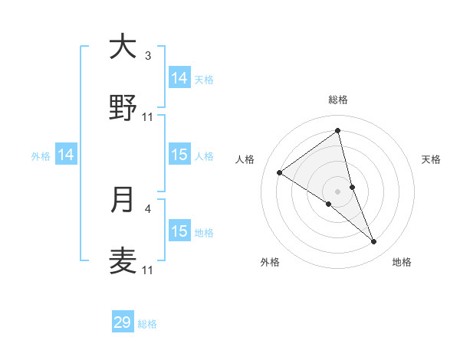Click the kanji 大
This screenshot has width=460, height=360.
click(x=123, y=47)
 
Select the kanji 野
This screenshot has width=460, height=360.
click(x=123, y=107)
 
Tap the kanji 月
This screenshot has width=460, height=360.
click(x=123, y=200)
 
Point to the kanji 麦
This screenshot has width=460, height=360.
click(x=123, y=260)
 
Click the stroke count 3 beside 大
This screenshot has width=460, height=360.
click(x=148, y=56)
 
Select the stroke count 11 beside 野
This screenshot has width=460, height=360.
click(x=148, y=116)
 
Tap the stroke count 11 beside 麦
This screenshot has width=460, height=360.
click(x=148, y=270)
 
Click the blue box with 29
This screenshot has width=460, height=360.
click(x=123, y=322)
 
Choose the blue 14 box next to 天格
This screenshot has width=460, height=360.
click(x=179, y=78)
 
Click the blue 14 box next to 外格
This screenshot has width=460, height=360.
click(x=66, y=155)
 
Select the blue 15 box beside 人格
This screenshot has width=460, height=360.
click(x=179, y=155)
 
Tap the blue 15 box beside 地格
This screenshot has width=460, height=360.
click(x=179, y=231)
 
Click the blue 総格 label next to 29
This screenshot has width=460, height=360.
click(x=147, y=324)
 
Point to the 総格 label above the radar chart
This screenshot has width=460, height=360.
click(x=338, y=100)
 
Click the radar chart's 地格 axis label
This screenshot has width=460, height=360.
click(x=402, y=263)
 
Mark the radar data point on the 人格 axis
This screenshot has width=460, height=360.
click(x=280, y=172)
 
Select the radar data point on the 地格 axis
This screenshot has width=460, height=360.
click(x=374, y=242)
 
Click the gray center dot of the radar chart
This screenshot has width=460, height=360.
click(x=338, y=191)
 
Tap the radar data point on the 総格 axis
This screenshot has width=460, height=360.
click(x=338, y=132)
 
